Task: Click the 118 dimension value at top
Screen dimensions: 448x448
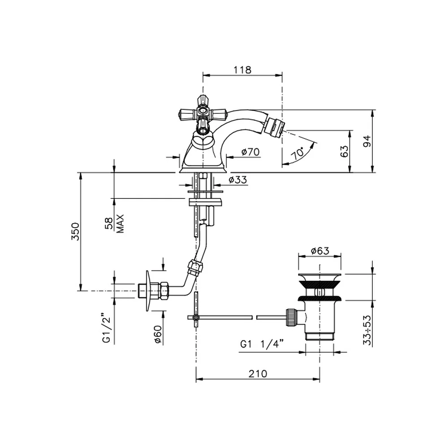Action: click(x=242, y=70)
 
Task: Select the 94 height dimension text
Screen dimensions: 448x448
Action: click(x=367, y=141)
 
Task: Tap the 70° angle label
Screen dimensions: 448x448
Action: click(x=298, y=153)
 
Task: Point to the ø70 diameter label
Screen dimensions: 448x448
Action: click(x=250, y=151)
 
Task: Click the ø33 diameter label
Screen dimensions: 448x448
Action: click(x=238, y=180)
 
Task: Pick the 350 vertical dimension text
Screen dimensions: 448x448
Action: click(x=75, y=232)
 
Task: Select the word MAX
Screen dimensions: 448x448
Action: click(x=120, y=224)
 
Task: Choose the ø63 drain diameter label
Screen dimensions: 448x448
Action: click(x=320, y=251)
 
